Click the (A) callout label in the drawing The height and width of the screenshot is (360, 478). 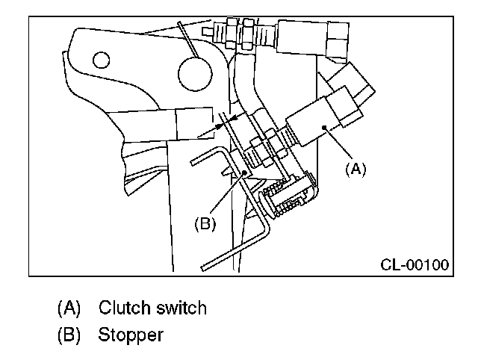355,170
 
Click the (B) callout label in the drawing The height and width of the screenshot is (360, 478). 205,223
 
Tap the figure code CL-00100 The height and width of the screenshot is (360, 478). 415,264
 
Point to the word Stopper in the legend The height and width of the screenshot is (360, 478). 130,335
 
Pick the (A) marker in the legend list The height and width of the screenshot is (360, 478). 69,308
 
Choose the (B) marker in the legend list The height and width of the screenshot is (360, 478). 69,335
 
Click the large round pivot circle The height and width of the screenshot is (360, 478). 197,72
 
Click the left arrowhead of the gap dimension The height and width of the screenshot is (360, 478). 220,127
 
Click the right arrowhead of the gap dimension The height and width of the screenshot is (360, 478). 232,117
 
